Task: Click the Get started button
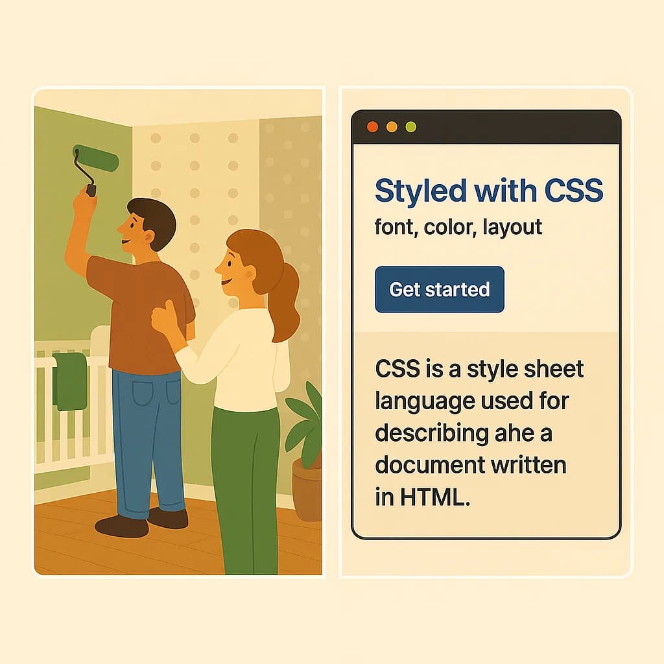[x=439, y=289]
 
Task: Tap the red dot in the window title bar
[x=372, y=127]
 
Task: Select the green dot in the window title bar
[x=410, y=127]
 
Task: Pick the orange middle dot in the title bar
[x=392, y=127]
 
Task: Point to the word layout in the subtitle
[x=512, y=227]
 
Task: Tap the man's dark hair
[x=154, y=217]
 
